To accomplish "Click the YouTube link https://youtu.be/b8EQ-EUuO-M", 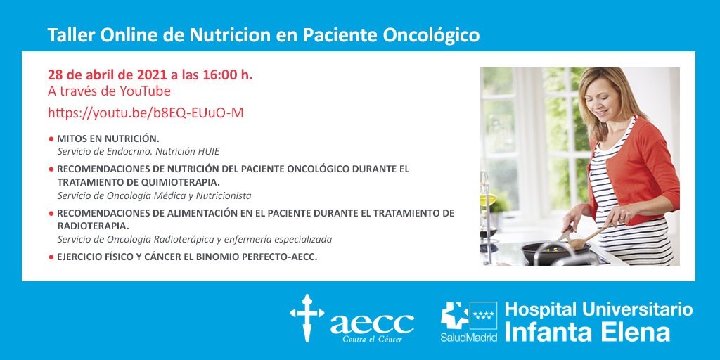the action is point(146,113).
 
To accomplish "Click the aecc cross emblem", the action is point(307,319).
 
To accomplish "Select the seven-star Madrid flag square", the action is point(483,316).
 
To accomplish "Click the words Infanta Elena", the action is point(587,333).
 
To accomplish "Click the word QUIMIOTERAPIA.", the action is point(176,182).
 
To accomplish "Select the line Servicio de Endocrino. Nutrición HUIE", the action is point(142,150).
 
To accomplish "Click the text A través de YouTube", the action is point(109,91).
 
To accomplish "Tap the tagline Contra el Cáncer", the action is point(373,340).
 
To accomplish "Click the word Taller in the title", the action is point(70,36).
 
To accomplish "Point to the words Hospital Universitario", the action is point(599,309).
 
